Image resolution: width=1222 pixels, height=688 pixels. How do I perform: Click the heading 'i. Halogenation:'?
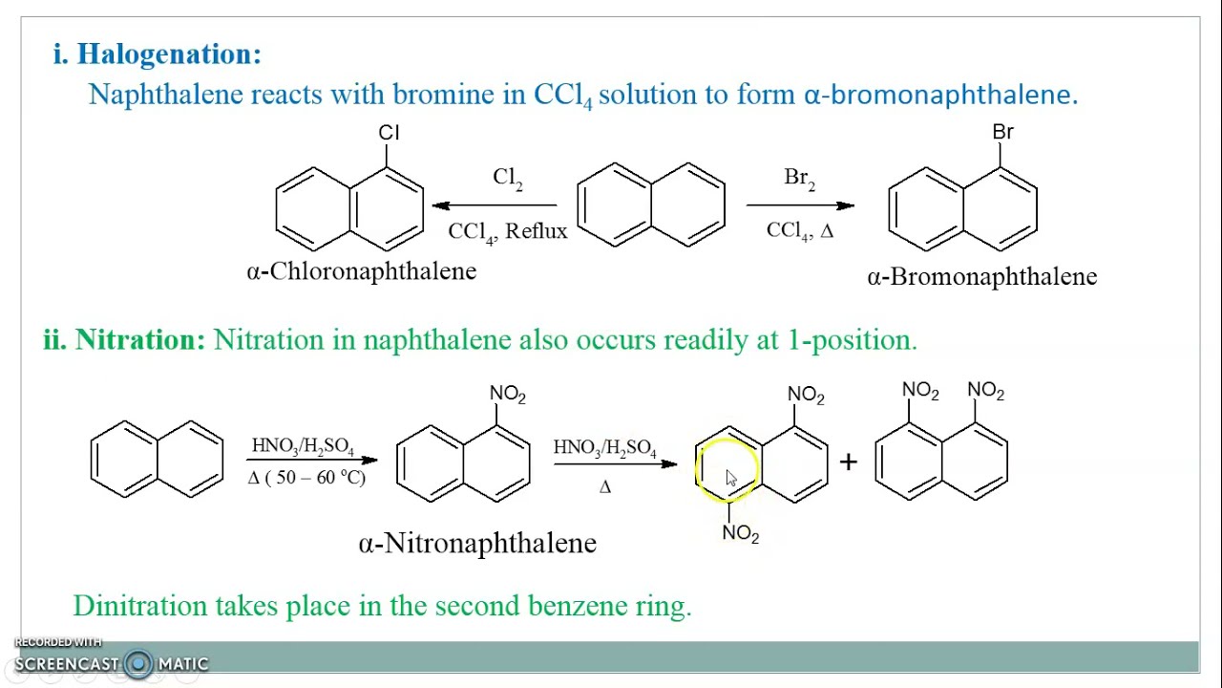coord(158,54)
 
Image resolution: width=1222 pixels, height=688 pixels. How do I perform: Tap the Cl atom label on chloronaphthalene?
coord(389,133)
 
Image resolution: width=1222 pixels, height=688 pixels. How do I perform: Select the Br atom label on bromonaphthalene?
coord(1002,132)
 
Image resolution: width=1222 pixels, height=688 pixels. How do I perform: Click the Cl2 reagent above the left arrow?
coord(507,179)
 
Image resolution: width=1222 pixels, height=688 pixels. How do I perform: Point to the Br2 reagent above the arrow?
coord(799,179)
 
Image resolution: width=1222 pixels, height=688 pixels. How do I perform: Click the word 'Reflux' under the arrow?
coord(537,231)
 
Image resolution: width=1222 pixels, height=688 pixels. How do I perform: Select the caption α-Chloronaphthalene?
coord(362,271)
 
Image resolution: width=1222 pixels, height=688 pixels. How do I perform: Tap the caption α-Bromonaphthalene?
coord(982,277)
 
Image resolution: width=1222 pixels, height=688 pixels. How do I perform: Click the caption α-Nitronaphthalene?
coord(477,544)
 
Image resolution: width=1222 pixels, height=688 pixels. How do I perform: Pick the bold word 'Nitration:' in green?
coord(140,339)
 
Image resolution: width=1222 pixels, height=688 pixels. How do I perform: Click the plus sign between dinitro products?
coord(849,462)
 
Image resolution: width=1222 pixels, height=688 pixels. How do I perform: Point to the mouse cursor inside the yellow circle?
coord(731,479)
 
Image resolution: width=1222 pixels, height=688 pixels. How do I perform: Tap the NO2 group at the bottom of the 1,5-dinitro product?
coord(740,533)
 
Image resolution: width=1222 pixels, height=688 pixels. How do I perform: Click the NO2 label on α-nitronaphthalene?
coord(507,395)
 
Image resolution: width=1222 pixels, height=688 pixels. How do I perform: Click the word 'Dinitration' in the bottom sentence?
coord(140,606)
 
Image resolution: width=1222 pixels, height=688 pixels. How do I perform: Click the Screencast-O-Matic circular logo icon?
coord(138,663)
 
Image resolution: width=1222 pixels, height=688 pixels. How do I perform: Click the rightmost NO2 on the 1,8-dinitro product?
coord(985,391)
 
